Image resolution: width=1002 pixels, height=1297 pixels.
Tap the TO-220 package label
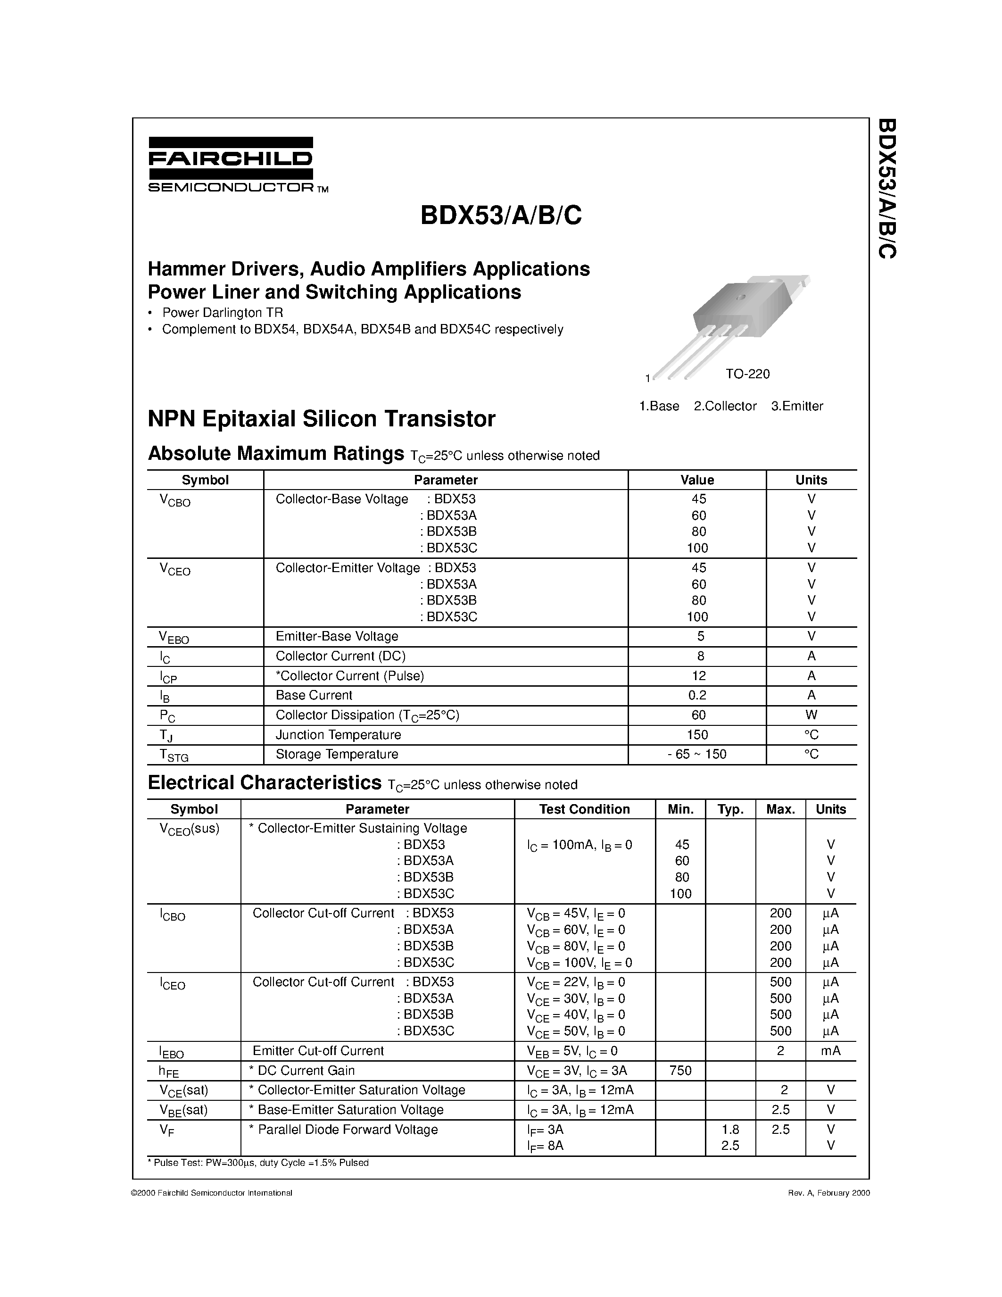click(747, 374)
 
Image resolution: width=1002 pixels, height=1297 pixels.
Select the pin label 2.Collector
click(725, 406)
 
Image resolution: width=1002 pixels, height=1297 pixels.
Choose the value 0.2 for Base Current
click(698, 695)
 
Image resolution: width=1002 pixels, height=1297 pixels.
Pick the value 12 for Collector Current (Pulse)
click(698, 676)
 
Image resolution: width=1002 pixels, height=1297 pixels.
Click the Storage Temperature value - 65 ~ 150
click(697, 754)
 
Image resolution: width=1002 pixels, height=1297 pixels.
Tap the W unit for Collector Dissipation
click(811, 715)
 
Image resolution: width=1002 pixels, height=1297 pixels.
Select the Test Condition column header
click(584, 809)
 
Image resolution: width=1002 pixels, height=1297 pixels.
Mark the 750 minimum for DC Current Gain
click(680, 1070)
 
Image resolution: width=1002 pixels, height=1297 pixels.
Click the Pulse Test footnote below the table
click(258, 1163)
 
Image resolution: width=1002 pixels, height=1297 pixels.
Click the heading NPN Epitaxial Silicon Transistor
click(321, 419)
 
